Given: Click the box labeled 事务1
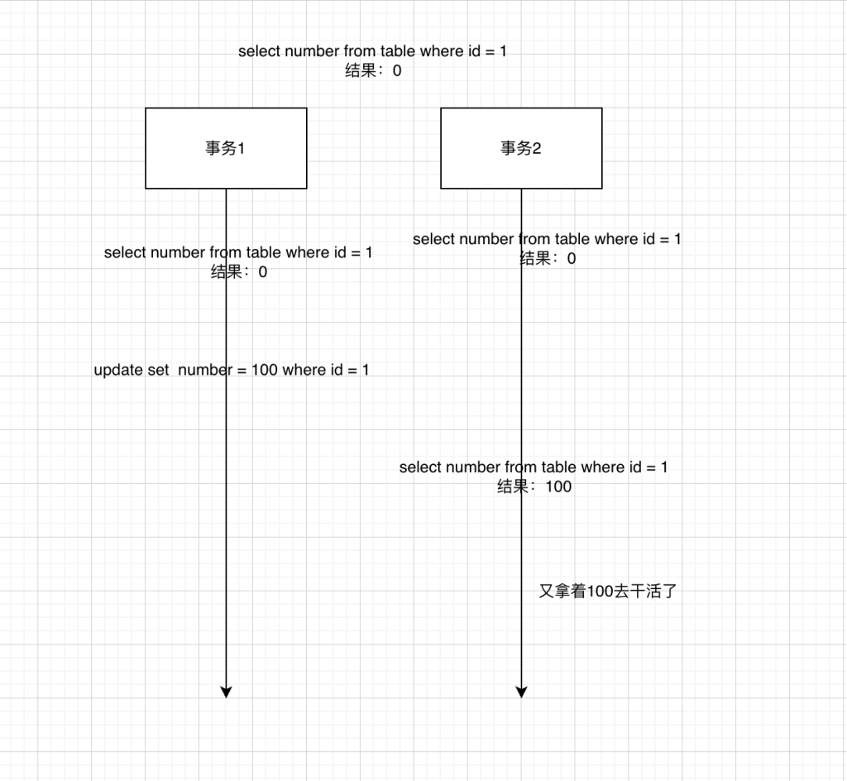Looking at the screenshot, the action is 226,148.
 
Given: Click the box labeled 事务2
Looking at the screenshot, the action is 521,148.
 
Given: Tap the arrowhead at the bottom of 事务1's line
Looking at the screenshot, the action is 226,692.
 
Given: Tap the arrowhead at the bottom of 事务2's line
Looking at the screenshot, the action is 521,692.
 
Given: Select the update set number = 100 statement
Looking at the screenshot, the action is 232,370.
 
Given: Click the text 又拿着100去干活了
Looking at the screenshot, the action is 608,591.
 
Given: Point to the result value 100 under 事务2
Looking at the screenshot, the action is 558,486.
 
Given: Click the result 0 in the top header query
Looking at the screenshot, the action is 397,71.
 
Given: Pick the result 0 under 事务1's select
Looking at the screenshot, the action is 262,271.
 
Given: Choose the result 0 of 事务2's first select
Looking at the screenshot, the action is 572,259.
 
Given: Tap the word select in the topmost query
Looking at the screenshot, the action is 259,51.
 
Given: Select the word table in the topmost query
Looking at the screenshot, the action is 398,51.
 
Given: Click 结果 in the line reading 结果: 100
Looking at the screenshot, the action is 513,486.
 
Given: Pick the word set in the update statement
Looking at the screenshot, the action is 159,370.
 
